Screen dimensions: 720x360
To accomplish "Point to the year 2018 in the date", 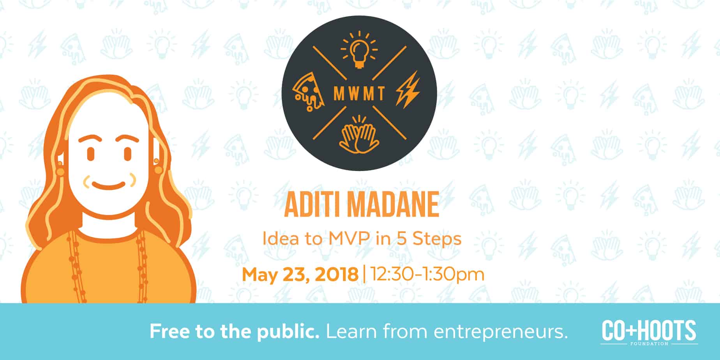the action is click(336, 274).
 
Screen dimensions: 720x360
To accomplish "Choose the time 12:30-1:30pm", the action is click(427, 274).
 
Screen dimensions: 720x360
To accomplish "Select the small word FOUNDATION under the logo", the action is click(649, 344).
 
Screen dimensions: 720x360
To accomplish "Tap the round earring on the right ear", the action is click(158, 170).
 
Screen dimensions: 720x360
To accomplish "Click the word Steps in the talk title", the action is click(437, 238).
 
